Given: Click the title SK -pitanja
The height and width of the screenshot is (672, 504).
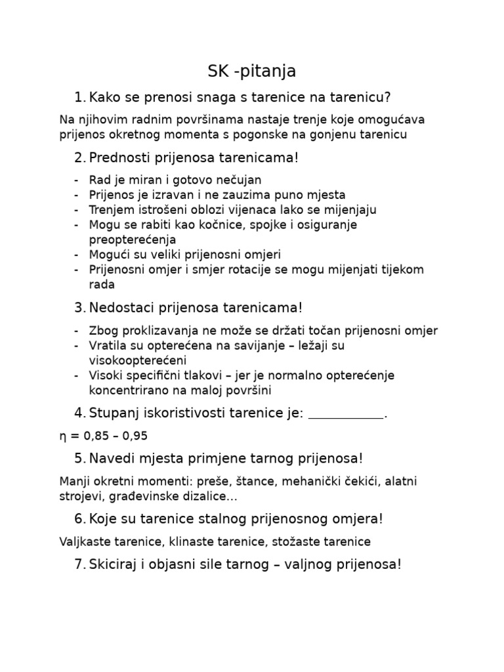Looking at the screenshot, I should (x=252, y=71).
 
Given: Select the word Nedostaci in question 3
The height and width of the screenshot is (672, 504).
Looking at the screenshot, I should (x=117, y=308).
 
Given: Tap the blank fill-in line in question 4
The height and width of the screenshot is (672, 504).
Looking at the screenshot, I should (x=345, y=414).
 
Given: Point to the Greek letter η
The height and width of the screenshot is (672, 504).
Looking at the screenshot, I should (x=62, y=436).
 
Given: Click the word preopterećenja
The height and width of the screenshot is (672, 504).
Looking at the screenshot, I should (x=128, y=240).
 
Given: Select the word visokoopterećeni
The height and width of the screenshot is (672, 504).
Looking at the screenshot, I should (x=138, y=360).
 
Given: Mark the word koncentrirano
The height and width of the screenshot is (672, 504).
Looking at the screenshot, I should (x=125, y=390).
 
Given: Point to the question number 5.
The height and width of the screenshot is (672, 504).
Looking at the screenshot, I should (x=79, y=458).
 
